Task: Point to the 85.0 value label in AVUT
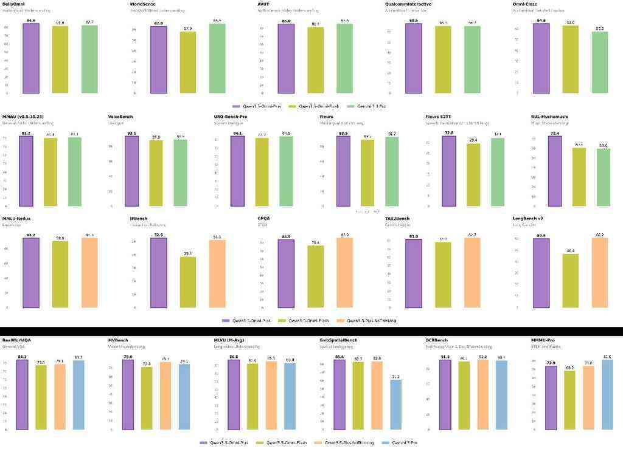click(286, 21)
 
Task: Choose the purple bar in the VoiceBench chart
click(133, 171)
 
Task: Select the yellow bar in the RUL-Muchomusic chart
click(579, 177)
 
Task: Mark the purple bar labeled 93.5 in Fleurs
click(343, 171)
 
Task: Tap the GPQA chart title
click(264, 218)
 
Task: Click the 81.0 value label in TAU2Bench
click(414, 236)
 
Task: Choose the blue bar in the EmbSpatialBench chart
click(395, 405)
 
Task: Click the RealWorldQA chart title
click(16, 340)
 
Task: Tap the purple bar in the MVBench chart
click(128, 396)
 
